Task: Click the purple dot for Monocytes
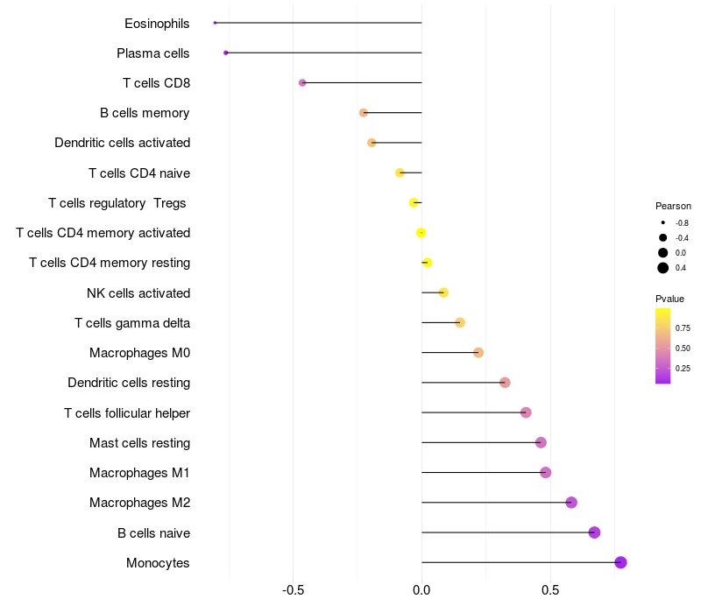tap(620, 562)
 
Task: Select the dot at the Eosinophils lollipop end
tap(215, 23)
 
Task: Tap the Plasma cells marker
tap(226, 53)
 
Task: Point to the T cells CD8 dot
tap(302, 82)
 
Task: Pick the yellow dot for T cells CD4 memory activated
tap(421, 233)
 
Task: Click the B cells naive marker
tap(594, 532)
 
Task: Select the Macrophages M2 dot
tap(571, 503)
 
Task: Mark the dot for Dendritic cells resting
tap(505, 383)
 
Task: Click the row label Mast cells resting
tap(139, 443)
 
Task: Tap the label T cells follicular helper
tap(127, 412)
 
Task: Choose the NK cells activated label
tap(138, 292)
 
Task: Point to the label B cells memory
tap(145, 113)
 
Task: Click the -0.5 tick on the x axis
tap(294, 590)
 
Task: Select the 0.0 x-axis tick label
tap(421, 590)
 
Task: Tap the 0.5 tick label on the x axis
tap(550, 590)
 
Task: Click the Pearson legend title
tap(673, 206)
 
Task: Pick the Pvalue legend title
tap(669, 299)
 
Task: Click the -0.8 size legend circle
tap(663, 223)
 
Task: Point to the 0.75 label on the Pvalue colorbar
tap(683, 328)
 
